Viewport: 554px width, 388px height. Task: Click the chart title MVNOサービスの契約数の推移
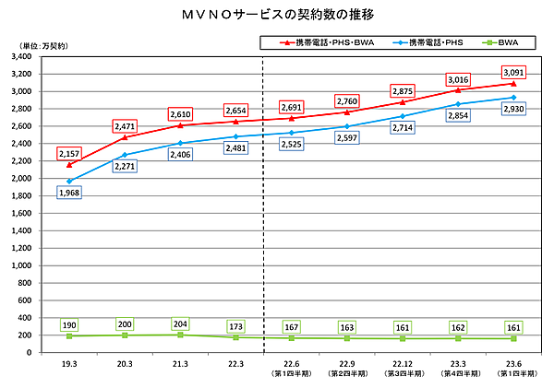pos(278,16)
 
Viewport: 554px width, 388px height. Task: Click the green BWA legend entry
pos(509,42)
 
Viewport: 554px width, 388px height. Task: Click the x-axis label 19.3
pos(69,365)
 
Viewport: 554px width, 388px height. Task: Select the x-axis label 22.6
pos(291,365)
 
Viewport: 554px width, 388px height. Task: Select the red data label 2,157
pos(69,152)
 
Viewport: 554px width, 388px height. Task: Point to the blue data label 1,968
pos(69,193)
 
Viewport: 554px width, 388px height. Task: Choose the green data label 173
pos(235,326)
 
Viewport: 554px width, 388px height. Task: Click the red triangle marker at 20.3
pos(125,137)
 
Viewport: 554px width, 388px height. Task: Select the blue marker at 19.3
pos(69,181)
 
